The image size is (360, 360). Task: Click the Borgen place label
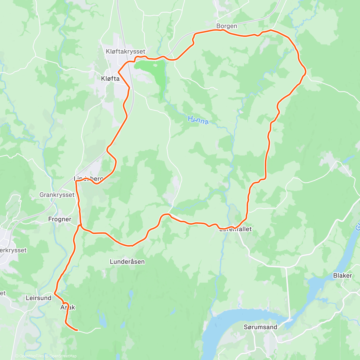(226, 26)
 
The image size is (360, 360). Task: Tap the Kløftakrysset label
(125, 52)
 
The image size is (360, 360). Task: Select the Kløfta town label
(110, 79)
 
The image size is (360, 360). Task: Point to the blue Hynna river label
(198, 120)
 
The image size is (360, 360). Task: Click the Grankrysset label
(57, 195)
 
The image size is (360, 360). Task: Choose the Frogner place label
(60, 219)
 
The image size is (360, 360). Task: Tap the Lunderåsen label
(127, 262)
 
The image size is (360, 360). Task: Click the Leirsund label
(38, 298)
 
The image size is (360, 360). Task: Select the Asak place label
(68, 307)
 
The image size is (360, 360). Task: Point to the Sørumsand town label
(260, 327)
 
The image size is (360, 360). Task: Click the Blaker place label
(342, 275)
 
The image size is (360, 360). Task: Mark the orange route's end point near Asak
(77, 330)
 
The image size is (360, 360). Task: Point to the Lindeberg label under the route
(88, 179)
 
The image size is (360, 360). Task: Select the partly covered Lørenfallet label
(235, 229)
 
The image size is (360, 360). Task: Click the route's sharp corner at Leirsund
(54, 293)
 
